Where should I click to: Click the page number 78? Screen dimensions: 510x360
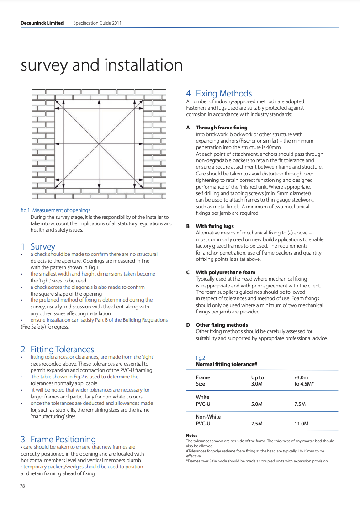point(22,486)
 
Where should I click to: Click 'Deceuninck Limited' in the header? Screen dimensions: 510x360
point(42,23)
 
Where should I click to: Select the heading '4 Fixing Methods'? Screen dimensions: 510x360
point(219,94)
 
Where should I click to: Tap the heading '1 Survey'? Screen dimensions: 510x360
point(38,246)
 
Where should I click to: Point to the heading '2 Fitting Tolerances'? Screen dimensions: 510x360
point(57,350)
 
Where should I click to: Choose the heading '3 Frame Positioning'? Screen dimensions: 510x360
point(58,440)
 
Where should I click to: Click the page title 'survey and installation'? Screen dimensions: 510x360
point(102,65)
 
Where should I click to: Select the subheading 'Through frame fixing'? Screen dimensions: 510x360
point(222,127)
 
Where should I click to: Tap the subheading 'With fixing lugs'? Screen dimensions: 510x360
point(215,226)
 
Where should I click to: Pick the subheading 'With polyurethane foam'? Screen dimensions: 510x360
point(225,272)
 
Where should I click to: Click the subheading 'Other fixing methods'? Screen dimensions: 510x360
point(222,325)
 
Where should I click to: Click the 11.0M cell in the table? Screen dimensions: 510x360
point(302,424)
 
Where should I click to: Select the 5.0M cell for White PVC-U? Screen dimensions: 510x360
point(257,404)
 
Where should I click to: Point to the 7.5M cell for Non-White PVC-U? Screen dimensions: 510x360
point(257,424)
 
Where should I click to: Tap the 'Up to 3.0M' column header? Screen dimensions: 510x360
point(257,381)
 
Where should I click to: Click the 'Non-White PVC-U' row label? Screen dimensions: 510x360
point(208,420)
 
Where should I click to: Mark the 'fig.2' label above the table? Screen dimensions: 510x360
point(200,358)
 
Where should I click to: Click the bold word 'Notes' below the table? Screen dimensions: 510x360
point(191,436)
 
